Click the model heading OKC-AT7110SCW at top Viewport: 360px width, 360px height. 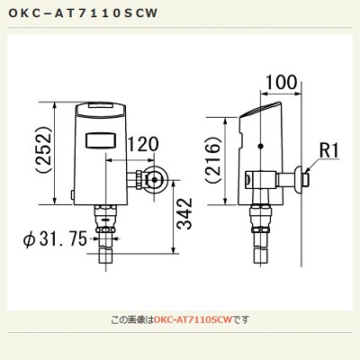pos(83,13)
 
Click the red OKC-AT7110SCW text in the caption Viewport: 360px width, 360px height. pos(193,319)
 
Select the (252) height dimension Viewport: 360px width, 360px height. pos(44,149)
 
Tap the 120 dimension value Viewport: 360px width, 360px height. pos(143,144)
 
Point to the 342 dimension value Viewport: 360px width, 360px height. pos(184,213)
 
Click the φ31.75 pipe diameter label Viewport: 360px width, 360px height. pos(55,239)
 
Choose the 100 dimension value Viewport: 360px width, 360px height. pos(282,82)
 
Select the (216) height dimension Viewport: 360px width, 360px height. pos(213,159)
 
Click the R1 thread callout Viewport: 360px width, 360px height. pos(328,150)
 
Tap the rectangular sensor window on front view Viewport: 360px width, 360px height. pos(101,140)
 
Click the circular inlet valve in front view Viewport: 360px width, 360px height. pos(154,180)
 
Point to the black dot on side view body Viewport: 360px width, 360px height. pos(261,146)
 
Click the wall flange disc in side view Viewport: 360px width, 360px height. pos(299,179)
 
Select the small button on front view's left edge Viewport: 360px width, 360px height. pos(72,194)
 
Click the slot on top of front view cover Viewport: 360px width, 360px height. pos(101,105)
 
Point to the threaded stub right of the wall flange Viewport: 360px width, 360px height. pos(306,179)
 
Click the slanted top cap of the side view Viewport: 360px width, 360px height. pos(260,110)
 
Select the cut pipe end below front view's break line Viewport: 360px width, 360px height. pos(106,256)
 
